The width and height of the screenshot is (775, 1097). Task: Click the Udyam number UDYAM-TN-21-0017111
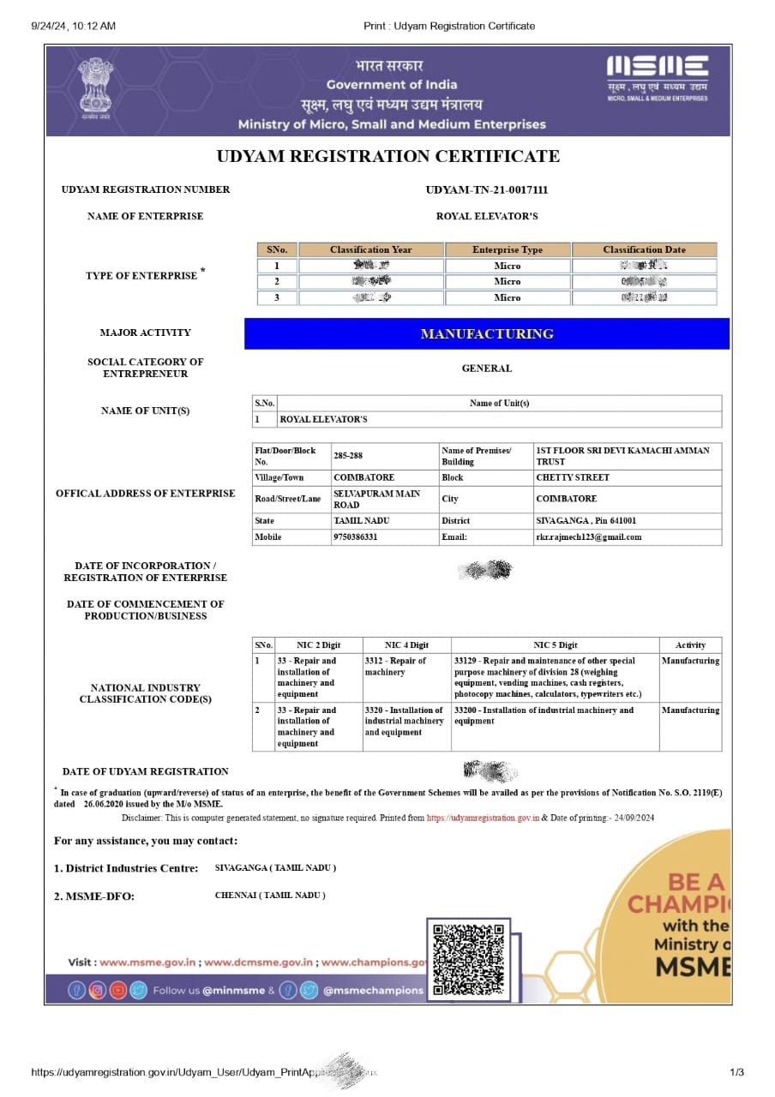(486, 189)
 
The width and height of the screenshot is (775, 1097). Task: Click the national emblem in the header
(96, 89)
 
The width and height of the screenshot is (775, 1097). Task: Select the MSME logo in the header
(658, 79)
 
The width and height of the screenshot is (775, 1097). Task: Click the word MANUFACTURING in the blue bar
(487, 334)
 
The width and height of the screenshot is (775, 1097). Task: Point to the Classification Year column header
(370, 249)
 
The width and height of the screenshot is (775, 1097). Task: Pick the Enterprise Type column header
(508, 249)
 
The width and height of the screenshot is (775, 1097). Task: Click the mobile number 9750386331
(356, 537)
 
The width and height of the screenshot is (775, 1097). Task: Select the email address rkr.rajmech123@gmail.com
(589, 537)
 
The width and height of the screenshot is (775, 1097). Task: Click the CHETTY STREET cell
(573, 477)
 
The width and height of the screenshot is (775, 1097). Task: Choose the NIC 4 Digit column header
(406, 644)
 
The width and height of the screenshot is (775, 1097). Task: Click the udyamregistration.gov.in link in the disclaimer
(483, 818)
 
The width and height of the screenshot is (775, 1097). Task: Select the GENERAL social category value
(486, 369)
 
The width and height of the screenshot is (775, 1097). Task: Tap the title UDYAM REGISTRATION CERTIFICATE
(387, 156)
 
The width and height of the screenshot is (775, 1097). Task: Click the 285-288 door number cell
(348, 456)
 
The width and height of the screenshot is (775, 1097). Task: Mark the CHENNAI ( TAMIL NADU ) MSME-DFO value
(270, 895)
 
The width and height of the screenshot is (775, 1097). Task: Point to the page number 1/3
(736, 1072)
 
